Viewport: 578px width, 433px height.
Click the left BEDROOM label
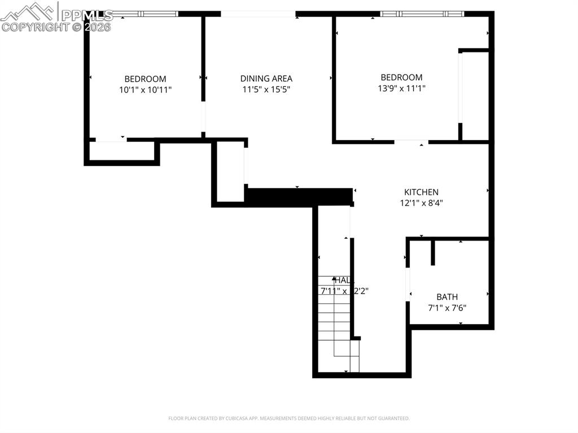click(x=145, y=79)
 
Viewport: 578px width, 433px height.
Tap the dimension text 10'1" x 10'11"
click(x=145, y=89)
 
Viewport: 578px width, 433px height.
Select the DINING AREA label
click(x=266, y=78)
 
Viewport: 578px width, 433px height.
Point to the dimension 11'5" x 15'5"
click(x=266, y=89)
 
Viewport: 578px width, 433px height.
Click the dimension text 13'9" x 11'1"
click(x=401, y=88)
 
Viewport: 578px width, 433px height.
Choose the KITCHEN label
click(x=421, y=193)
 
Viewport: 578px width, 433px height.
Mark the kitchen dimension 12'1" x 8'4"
click(x=421, y=203)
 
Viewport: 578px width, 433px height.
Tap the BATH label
click(x=447, y=297)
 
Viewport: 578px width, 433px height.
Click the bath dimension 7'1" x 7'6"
click(x=447, y=308)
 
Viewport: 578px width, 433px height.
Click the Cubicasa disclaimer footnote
click(x=288, y=418)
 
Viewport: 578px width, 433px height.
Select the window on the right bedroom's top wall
click(x=422, y=14)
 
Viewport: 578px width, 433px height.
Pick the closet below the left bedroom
click(x=121, y=151)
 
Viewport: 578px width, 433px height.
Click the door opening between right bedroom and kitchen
click(x=411, y=141)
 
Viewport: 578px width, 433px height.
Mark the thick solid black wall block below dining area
click(x=299, y=197)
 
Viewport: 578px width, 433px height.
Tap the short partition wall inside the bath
click(x=433, y=253)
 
